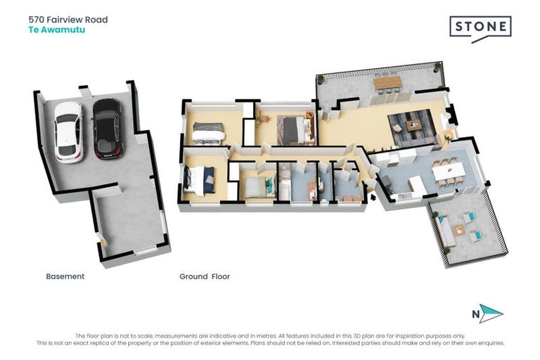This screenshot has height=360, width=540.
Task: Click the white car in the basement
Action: [x=68, y=131]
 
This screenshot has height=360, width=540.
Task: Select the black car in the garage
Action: [x=107, y=128]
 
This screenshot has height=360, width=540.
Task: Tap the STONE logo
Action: [x=480, y=28]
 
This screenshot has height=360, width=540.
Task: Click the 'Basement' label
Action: [x=65, y=276]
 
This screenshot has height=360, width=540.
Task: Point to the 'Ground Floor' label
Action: [x=205, y=276]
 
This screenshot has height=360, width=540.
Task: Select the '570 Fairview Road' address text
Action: [x=67, y=20]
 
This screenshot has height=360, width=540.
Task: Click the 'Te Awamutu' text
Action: [x=57, y=30]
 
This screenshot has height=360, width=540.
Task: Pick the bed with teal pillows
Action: [x=257, y=186]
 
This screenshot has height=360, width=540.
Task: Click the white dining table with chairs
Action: [x=445, y=172]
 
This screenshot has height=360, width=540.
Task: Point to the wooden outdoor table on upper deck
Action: [x=387, y=83]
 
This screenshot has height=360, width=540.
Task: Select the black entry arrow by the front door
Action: [x=373, y=197]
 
